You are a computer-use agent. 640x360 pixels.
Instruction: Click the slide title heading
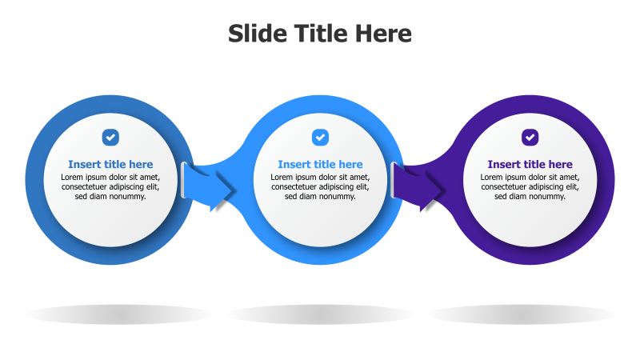tap(320, 34)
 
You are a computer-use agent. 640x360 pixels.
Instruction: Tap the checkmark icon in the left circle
tap(110, 138)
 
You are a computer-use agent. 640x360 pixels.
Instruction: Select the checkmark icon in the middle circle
tap(320, 138)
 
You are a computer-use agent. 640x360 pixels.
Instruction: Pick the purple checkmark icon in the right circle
tap(530, 138)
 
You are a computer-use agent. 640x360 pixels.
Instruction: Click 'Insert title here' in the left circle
tap(110, 165)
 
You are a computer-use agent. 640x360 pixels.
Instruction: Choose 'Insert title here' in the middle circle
tap(320, 165)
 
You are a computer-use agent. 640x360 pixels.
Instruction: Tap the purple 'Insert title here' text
tap(530, 165)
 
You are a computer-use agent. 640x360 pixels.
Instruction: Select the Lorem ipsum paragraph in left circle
tap(110, 186)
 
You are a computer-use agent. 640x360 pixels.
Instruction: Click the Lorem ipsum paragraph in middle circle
tap(320, 186)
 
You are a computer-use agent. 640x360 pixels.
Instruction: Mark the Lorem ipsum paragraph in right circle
tap(530, 186)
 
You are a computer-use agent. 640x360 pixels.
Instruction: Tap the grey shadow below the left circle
tap(118, 314)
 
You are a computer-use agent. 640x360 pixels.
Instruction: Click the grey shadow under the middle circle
tap(320, 314)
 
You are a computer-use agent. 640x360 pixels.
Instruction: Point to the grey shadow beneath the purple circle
tap(522, 314)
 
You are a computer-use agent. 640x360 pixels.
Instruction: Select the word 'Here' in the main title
tap(387, 34)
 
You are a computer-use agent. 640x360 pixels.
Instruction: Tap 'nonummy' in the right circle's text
tap(547, 197)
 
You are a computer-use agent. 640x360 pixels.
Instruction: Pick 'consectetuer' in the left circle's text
tap(86, 187)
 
